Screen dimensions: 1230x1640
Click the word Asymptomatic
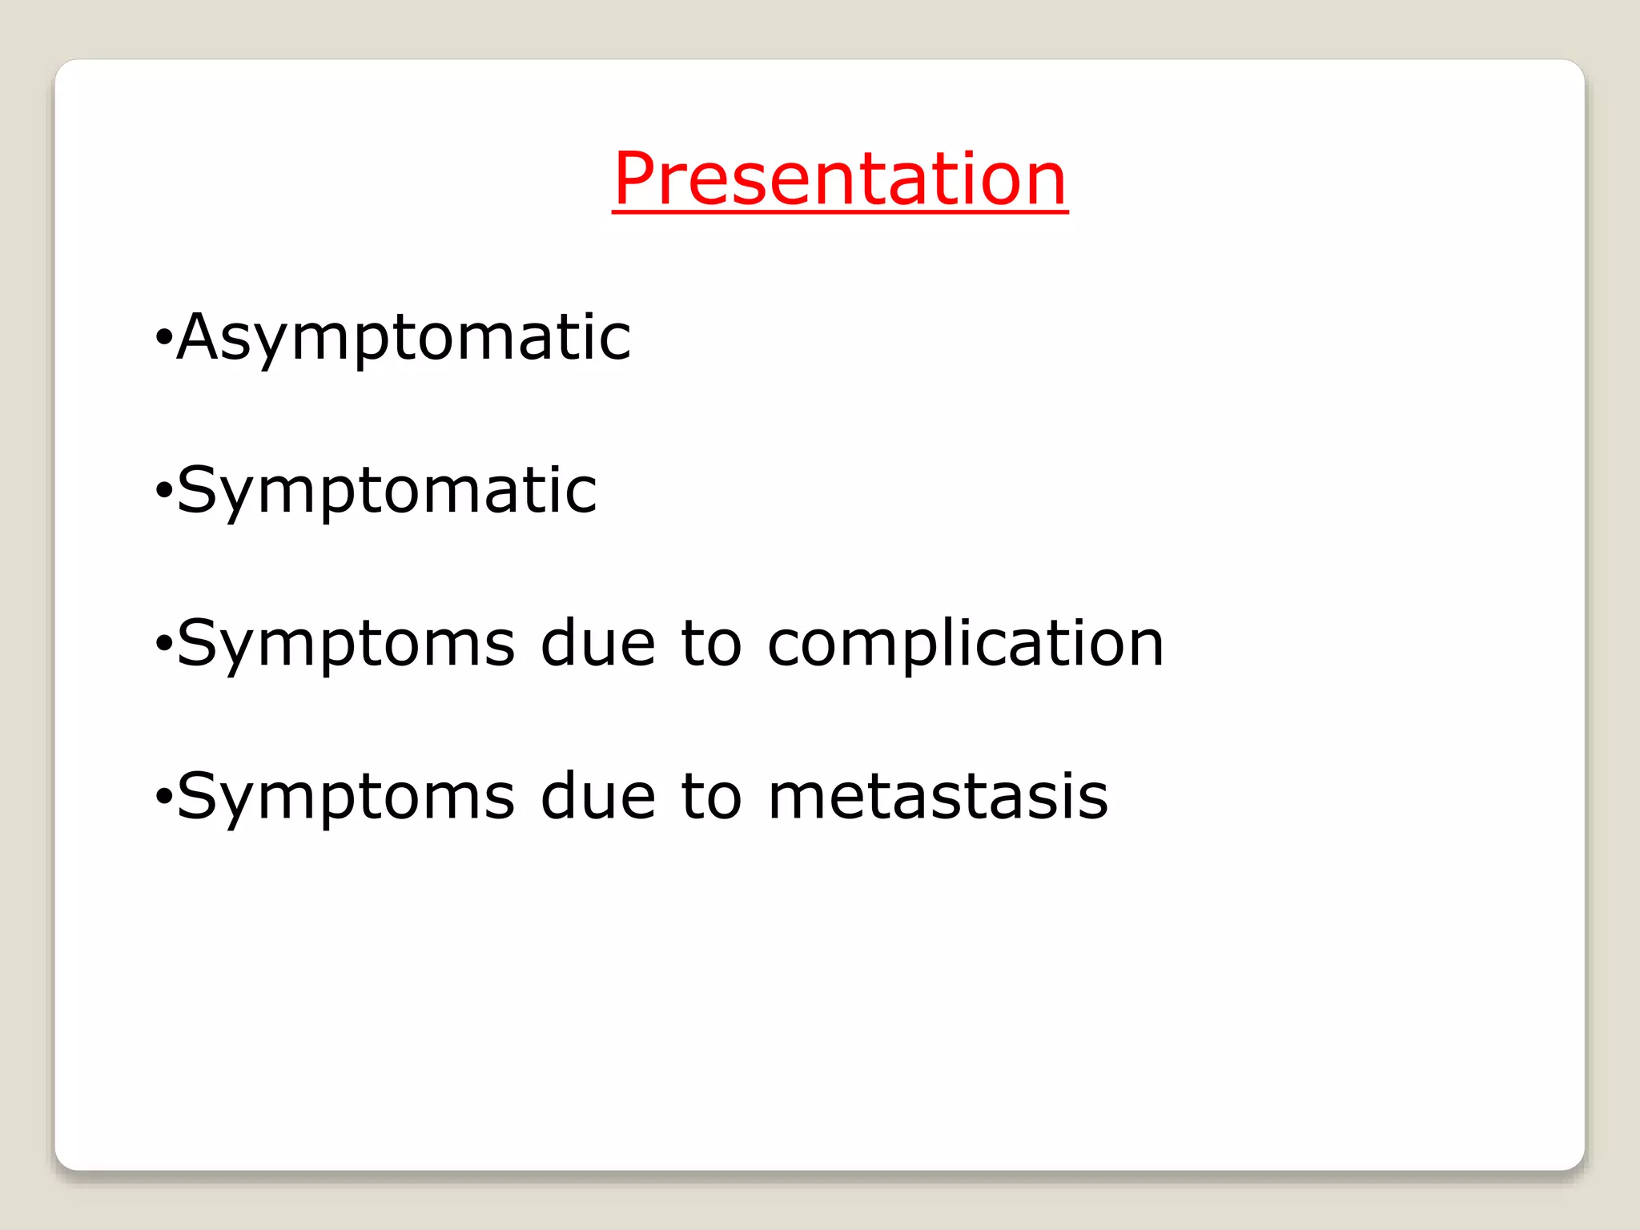(x=404, y=338)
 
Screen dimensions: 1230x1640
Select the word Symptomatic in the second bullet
(x=387, y=490)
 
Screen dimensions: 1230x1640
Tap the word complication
(x=965, y=644)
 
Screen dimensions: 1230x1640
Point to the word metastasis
(x=938, y=796)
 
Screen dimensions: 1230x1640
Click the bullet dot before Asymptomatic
(x=163, y=339)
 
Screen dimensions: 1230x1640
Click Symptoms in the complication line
(x=346, y=644)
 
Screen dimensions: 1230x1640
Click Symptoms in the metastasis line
(x=346, y=797)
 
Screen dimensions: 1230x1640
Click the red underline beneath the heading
(x=840, y=211)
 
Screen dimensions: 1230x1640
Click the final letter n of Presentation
(x=1046, y=186)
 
